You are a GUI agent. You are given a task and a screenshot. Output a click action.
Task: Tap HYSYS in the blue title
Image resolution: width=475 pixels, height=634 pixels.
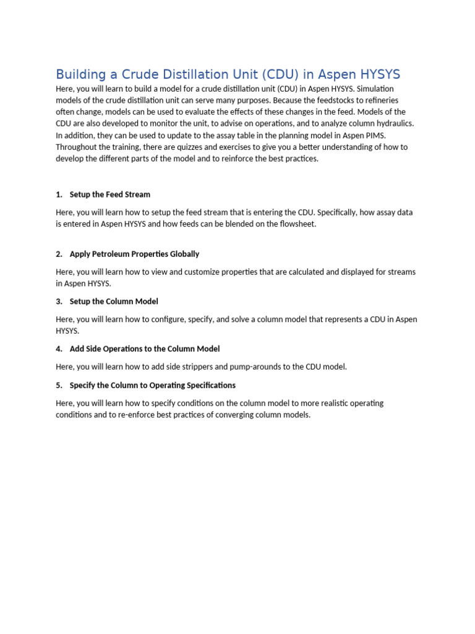(374, 75)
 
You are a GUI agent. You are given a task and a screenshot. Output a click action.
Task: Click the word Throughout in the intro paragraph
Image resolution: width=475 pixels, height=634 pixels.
(77, 147)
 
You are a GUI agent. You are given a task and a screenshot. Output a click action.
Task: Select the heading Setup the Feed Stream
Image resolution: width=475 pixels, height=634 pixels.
(110, 194)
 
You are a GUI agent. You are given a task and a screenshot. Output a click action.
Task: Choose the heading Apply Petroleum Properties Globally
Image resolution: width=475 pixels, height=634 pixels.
(134, 254)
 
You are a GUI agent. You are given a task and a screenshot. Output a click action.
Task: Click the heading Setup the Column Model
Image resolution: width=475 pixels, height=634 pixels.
(114, 302)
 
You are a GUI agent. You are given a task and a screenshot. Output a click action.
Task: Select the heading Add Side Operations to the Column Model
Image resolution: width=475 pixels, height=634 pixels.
(145, 349)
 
